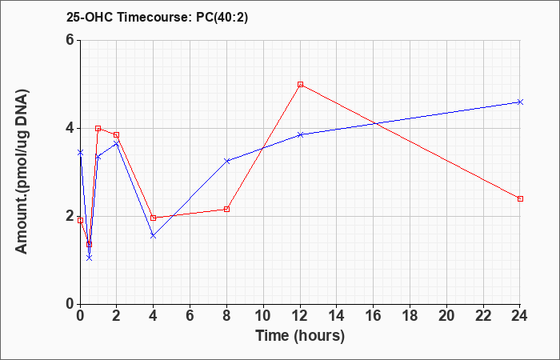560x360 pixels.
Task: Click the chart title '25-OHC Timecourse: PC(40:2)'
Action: (157, 18)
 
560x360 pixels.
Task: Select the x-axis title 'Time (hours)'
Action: (300, 336)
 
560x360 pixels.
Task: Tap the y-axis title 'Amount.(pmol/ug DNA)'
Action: (22, 172)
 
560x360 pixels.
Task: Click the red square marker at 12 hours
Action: (300, 84)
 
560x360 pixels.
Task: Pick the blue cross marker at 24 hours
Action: (520, 102)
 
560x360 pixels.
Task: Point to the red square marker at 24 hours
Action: (520, 198)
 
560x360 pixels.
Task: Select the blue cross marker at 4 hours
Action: (154, 236)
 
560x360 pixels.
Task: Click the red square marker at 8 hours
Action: (226, 209)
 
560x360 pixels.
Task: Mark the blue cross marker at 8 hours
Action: (226, 161)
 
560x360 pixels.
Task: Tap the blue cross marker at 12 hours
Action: (300, 134)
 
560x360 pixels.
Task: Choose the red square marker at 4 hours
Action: (154, 218)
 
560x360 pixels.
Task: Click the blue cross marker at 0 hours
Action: (80, 153)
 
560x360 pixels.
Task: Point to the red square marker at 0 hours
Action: (80, 220)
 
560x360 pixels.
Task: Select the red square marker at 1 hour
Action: (98, 128)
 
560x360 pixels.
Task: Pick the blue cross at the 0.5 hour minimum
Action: (90, 258)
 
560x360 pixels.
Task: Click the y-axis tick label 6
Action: (70, 40)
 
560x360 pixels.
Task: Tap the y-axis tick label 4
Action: (70, 128)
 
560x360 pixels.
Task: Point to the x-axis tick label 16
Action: (374, 316)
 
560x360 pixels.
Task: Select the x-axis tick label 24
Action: (520, 316)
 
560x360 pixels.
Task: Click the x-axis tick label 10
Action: (263, 316)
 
